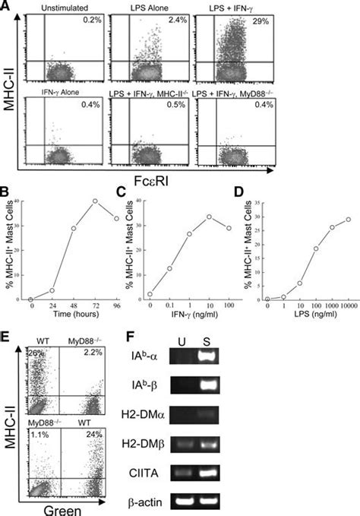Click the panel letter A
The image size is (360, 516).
6,7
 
